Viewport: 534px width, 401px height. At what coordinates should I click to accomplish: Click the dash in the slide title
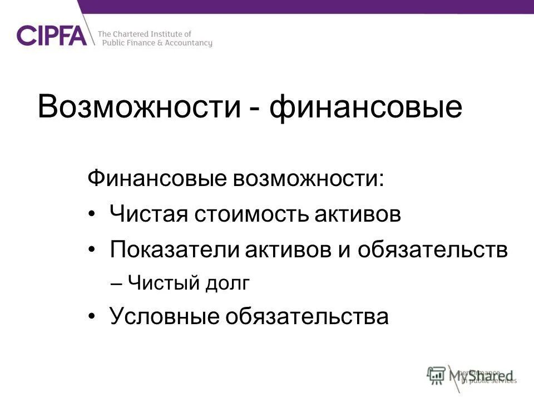coord(255,109)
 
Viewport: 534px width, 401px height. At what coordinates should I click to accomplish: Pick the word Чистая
coord(147,214)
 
